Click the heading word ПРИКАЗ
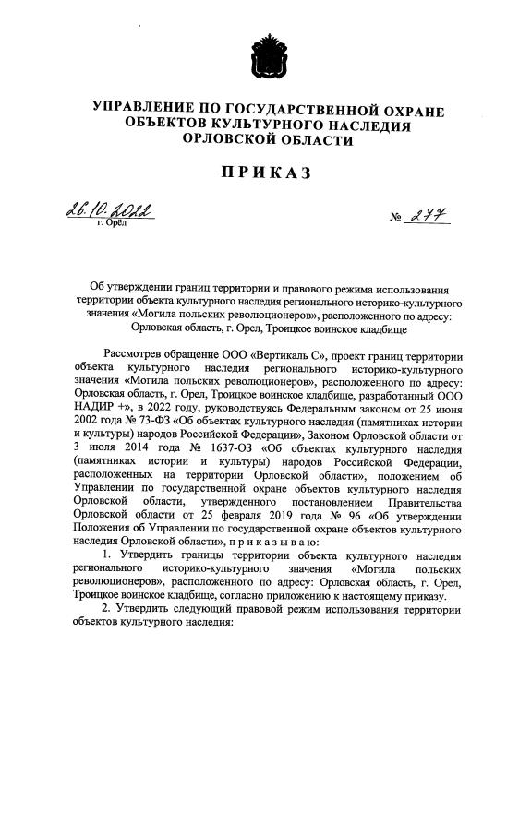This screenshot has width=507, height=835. pyautogui.click(x=254, y=173)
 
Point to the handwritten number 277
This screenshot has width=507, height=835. pyautogui.click(x=424, y=216)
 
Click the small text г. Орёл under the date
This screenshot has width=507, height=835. pyautogui.click(x=108, y=223)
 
